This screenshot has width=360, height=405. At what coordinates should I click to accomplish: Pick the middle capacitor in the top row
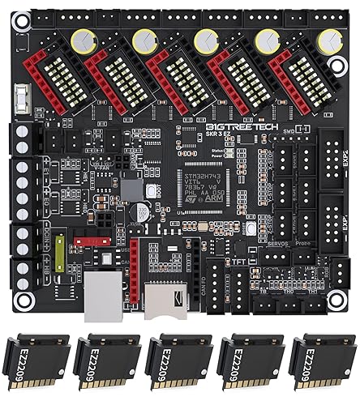click(x=205, y=38)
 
